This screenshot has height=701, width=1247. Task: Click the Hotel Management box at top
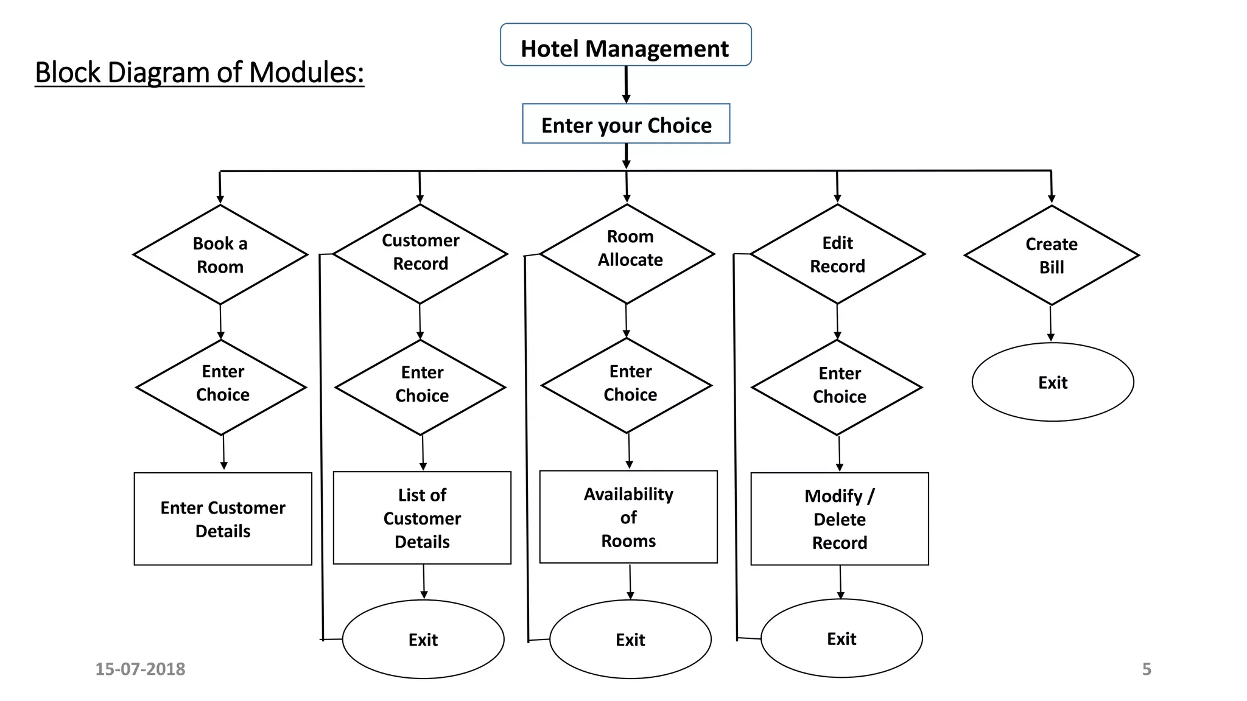tap(625, 45)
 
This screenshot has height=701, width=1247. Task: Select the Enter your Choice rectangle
tap(626, 124)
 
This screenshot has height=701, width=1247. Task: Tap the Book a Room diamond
tap(220, 254)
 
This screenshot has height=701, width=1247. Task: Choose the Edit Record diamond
tap(838, 254)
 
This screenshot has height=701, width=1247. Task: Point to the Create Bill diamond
tap(1052, 256)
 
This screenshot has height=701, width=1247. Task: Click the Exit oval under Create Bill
tap(1053, 382)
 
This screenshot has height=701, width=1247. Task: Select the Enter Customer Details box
tap(223, 519)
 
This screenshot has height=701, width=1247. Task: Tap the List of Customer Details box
tap(422, 518)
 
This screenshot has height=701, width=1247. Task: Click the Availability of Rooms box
tap(628, 517)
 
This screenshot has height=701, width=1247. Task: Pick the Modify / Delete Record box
tap(840, 519)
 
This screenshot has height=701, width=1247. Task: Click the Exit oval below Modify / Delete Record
tap(841, 638)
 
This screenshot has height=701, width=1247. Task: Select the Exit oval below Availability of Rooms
tap(630, 640)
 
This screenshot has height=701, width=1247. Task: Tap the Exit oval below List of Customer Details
tap(423, 640)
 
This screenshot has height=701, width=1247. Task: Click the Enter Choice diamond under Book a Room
tap(222, 387)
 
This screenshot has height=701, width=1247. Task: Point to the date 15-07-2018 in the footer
tap(140, 669)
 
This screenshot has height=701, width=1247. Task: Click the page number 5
tap(1147, 669)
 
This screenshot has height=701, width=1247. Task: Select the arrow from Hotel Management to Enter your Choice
tap(626, 84)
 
